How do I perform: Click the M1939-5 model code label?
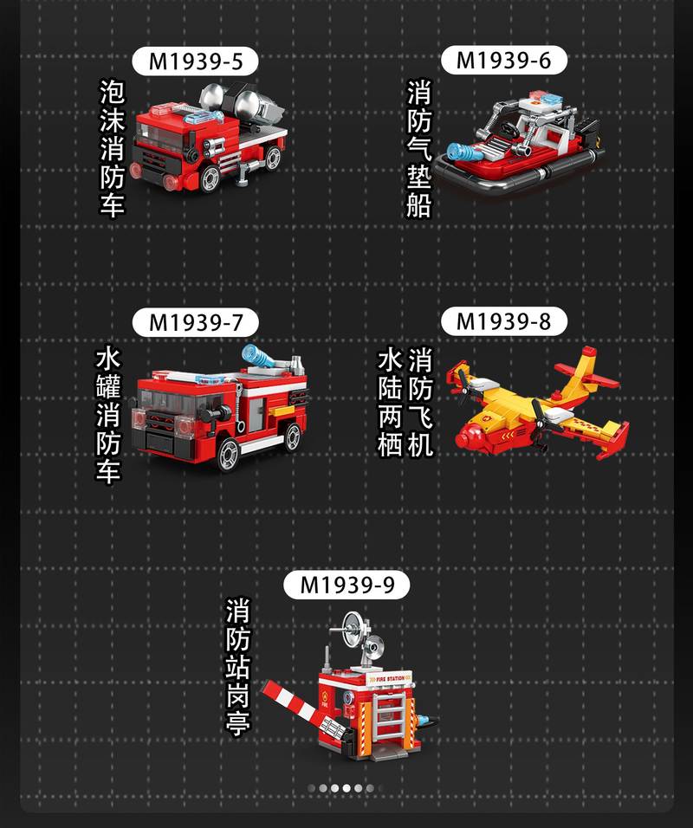click(195, 61)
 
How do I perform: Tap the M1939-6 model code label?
click(504, 61)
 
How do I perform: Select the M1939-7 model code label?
click(195, 323)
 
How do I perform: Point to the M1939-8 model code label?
click(504, 321)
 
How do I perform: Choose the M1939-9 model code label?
click(346, 585)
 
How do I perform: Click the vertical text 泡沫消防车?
click(113, 148)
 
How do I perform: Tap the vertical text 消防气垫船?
click(419, 148)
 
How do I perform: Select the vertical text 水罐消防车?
click(108, 415)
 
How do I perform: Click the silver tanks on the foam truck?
click(242, 103)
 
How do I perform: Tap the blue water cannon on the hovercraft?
click(463, 152)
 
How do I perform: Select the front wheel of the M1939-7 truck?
click(228, 454)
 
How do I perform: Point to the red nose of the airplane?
click(466, 437)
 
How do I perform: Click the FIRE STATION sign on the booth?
click(390, 678)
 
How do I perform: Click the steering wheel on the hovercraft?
click(509, 129)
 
